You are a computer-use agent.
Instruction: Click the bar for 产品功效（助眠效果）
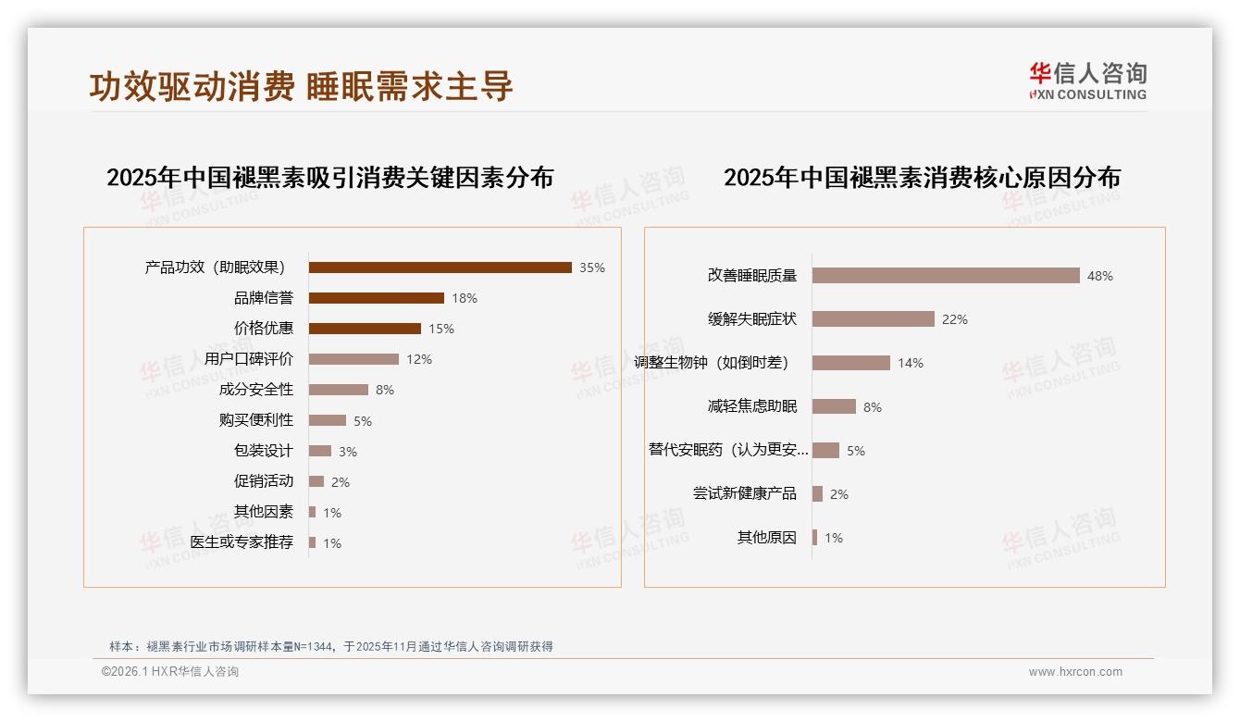pyautogui.click(x=440, y=268)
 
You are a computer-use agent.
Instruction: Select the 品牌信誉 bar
pyautogui.click(x=376, y=298)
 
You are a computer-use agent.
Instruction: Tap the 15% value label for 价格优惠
pyautogui.click(x=441, y=329)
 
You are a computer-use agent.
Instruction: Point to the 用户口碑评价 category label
pyautogui.click(x=249, y=359)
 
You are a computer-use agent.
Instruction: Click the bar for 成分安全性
pyautogui.click(x=338, y=390)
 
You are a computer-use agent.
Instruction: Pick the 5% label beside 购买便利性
pyautogui.click(x=363, y=421)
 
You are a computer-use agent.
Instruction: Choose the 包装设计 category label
pyautogui.click(x=264, y=451)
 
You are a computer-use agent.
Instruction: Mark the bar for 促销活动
pyautogui.click(x=316, y=481)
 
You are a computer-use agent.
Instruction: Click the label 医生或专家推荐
pyautogui.click(x=242, y=542)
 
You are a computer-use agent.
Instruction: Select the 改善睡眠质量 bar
pyautogui.click(x=946, y=275)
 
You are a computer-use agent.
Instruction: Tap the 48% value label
pyautogui.click(x=1100, y=276)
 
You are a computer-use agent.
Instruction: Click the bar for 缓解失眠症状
pyautogui.click(x=873, y=318)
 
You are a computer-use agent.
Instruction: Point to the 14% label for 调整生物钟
pyautogui.click(x=911, y=363)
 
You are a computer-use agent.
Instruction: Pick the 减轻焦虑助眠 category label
pyautogui.click(x=752, y=406)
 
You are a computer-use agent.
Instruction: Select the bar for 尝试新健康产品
pyautogui.click(x=817, y=493)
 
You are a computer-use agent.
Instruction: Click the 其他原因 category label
pyautogui.click(x=767, y=538)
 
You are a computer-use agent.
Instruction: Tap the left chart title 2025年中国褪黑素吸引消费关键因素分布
pyautogui.click(x=329, y=177)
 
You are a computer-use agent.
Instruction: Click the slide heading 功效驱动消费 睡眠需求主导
pyautogui.click(x=301, y=86)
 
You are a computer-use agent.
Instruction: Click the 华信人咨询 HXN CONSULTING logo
pyautogui.click(x=1087, y=81)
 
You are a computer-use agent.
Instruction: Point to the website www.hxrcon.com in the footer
pyautogui.click(x=1075, y=672)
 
